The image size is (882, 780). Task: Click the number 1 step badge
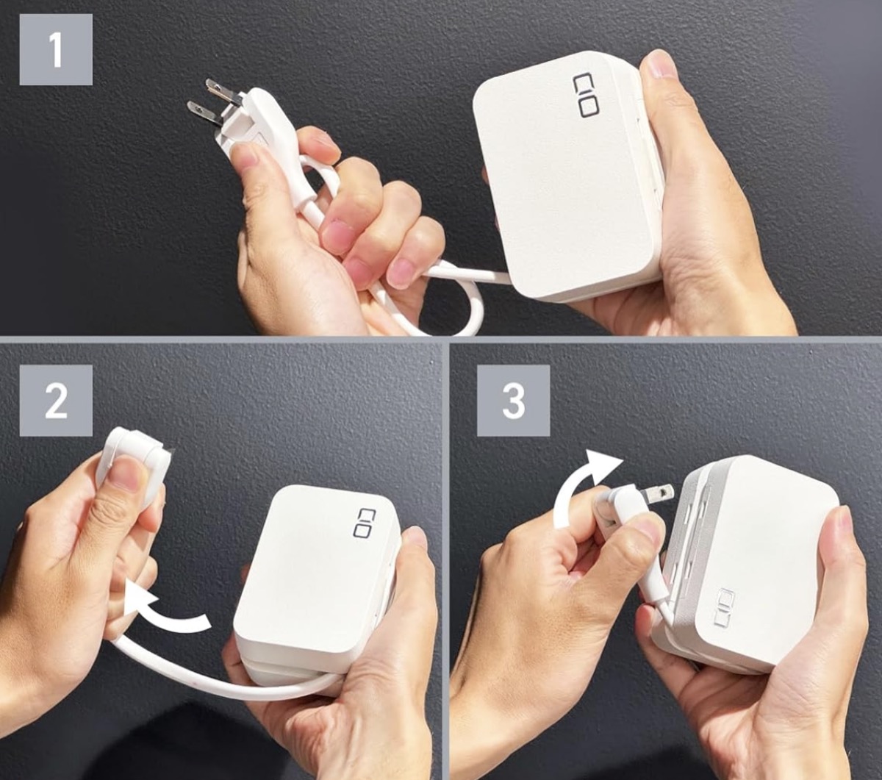56,49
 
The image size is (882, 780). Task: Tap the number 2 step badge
56,400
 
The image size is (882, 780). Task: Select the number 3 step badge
513,400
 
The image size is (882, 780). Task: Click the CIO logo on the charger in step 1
585,96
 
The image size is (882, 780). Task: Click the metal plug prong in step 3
659,493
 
